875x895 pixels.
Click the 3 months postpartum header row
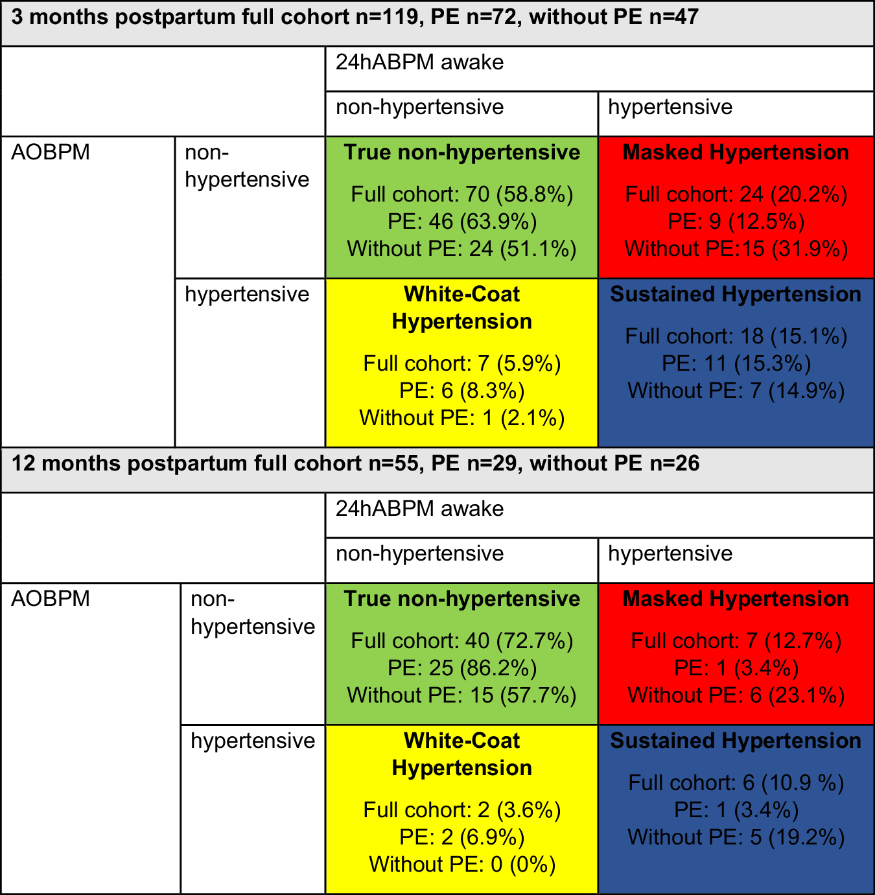(355, 17)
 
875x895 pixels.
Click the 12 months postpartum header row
(355, 464)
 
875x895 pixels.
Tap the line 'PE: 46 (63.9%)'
(462, 222)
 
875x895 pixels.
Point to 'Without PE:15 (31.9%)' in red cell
(736, 249)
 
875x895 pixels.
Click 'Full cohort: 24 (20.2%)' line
(736, 194)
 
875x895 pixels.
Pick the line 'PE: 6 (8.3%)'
(462, 391)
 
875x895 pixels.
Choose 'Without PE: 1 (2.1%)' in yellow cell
(462, 418)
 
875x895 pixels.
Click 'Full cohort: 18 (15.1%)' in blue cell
(736, 336)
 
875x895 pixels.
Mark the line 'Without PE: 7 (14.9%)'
(736, 391)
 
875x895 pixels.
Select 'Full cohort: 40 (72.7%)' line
(462, 641)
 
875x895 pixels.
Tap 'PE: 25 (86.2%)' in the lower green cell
(462, 668)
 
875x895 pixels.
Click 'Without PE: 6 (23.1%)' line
(736, 695)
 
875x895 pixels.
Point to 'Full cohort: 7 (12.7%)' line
(736, 641)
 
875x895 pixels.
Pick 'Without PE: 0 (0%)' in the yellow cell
(462, 865)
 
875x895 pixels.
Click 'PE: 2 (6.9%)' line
(462, 837)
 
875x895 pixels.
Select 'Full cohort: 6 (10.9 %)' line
(736, 783)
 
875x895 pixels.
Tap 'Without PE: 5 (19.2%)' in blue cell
(736, 837)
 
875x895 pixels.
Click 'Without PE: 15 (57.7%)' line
(462, 695)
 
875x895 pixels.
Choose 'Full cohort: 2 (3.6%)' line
(462, 810)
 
